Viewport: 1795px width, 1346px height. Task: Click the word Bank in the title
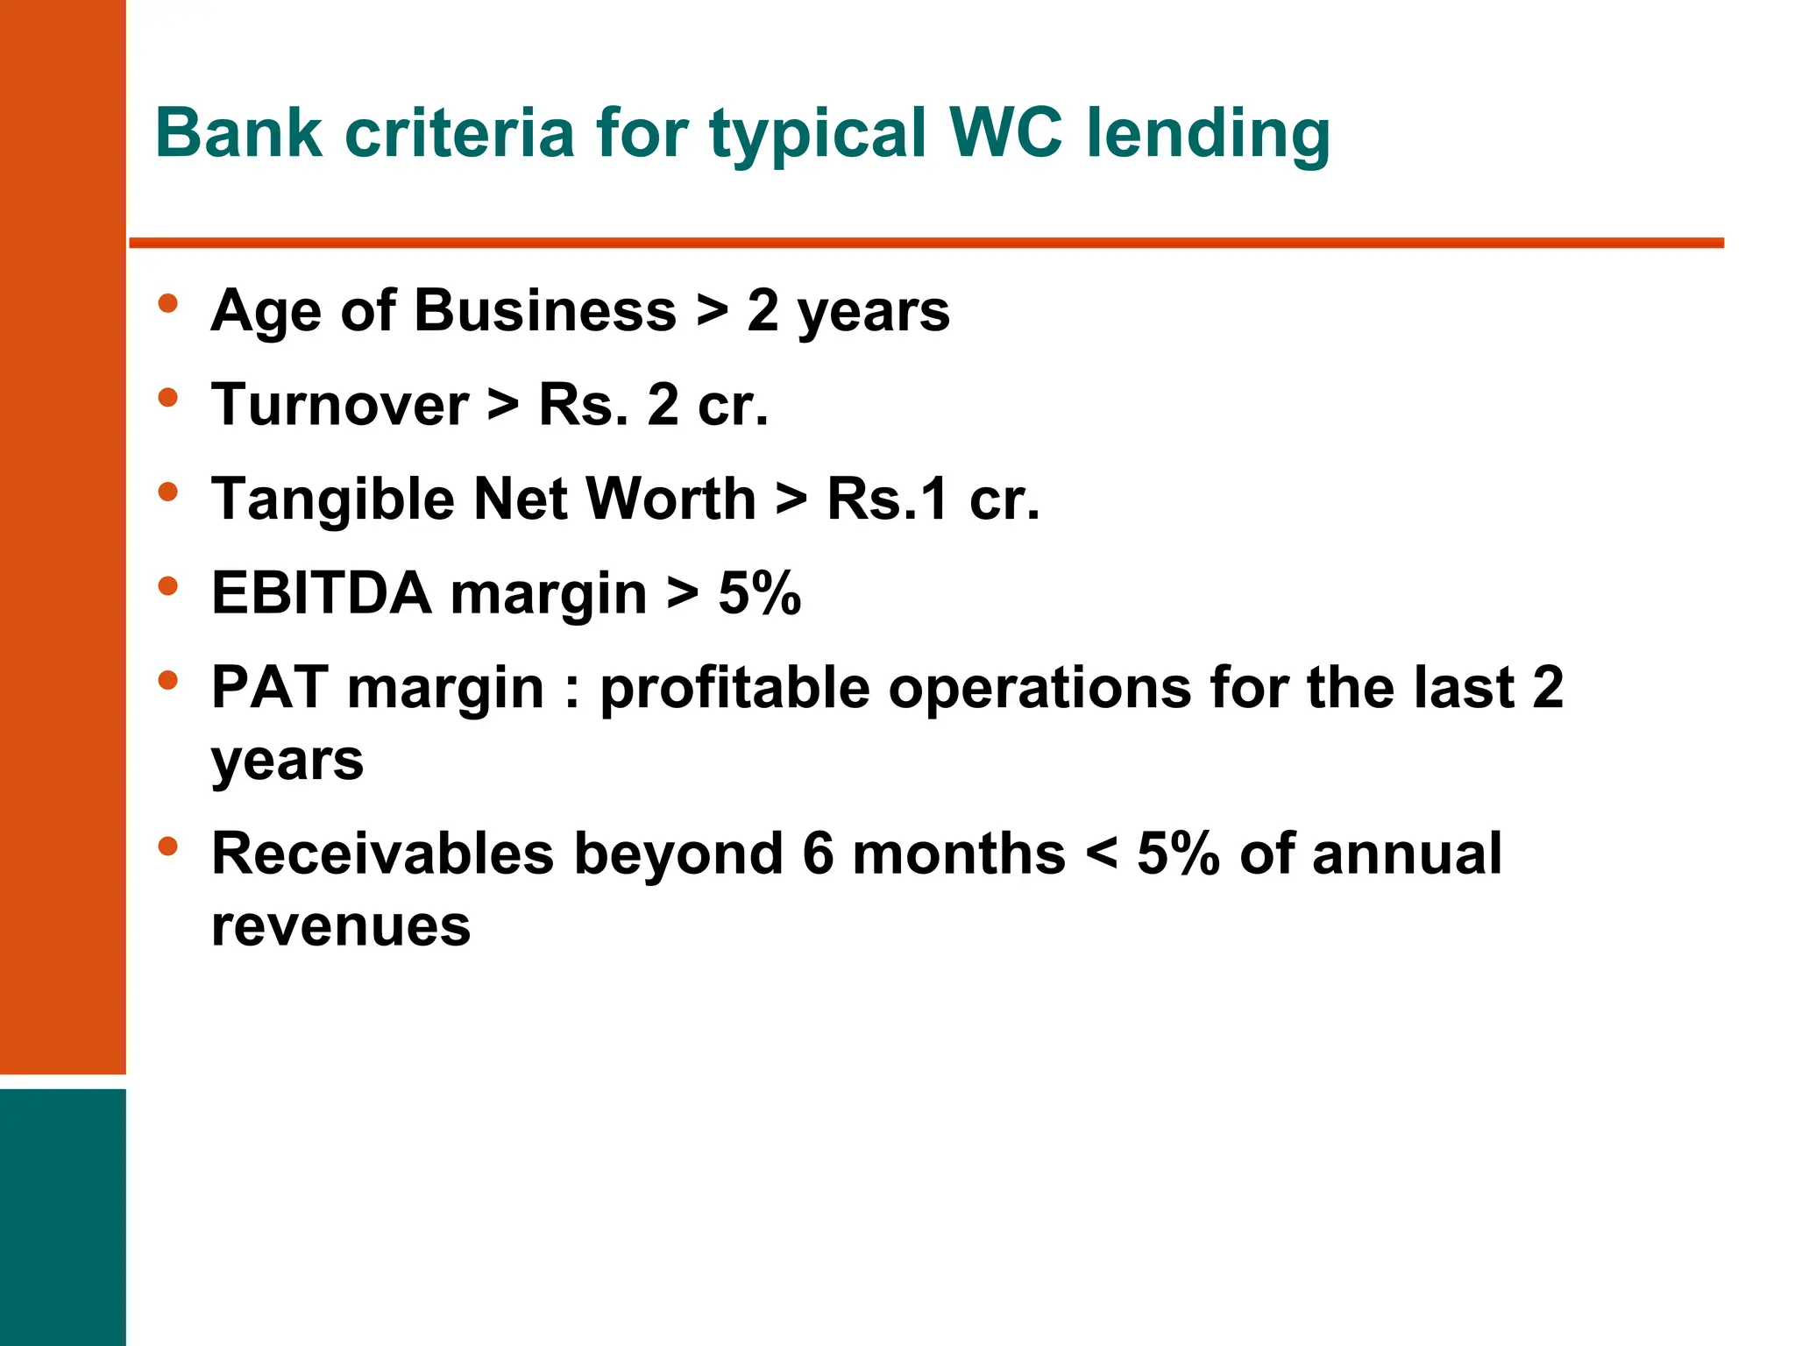238,133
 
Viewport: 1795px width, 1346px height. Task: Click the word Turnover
340,405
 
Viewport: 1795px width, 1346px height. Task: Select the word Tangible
333,500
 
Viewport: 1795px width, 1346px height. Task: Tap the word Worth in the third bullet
670,499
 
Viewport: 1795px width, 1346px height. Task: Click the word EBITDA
321,593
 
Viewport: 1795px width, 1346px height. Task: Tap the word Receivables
383,854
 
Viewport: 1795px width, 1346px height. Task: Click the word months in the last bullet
959,854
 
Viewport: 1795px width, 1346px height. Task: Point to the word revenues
341,926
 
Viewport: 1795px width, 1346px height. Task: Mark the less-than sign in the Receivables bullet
1101,855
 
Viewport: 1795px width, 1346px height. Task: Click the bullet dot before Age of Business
167,304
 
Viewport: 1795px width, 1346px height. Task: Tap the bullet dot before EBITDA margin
167,586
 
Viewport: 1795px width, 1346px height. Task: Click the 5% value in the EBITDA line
759,593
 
